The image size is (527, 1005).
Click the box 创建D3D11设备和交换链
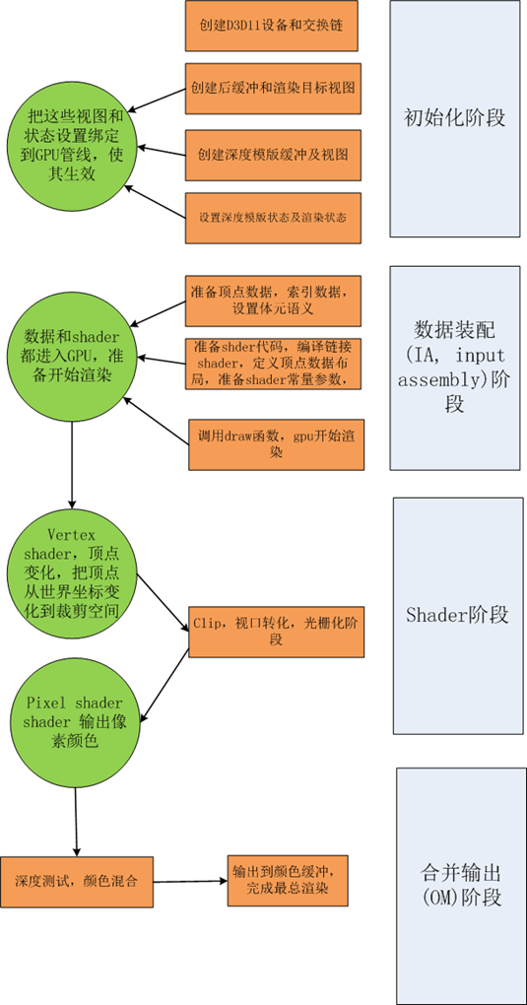(271, 27)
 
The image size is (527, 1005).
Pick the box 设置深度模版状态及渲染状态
(273, 216)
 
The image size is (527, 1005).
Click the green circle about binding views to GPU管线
(76, 144)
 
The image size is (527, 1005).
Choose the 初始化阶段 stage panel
(454, 118)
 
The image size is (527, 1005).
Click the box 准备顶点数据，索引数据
(274, 301)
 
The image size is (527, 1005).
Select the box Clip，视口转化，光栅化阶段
(276, 632)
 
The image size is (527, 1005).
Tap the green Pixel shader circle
(76, 718)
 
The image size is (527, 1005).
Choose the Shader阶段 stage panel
(457, 615)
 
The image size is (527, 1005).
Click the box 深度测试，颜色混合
(77, 880)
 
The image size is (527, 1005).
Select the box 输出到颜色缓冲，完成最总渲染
(290, 880)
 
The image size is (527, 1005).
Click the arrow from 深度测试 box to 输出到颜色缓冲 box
(190, 881)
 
